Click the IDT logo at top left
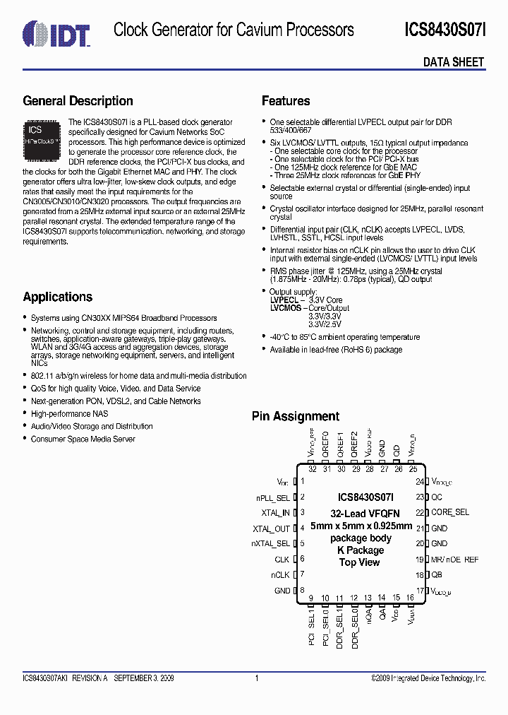[x=56, y=32]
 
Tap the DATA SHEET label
[x=454, y=62]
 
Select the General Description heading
[x=78, y=101]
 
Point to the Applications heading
[x=58, y=297]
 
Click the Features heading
[x=286, y=101]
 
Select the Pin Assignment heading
[x=296, y=416]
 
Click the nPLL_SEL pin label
[x=273, y=497]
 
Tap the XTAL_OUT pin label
[x=272, y=528]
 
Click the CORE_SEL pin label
[x=450, y=512]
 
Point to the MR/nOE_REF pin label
[x=455, y=560]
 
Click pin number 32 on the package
[x=311, y=469]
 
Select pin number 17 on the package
[x=420, y=591]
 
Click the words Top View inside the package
[x=359, y=562]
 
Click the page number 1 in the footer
[x=257, y=678]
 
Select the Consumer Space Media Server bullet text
[x=83, y=439]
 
